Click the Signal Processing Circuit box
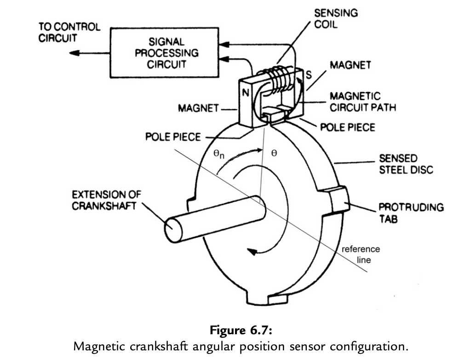pyautogui.click(x=167, y=53)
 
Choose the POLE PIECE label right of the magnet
pyautogui.click(x=348, y=127)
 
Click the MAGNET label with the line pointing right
pyautogui.click(x=198, y=109)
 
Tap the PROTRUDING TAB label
pyautogui.click(x=411, y=212)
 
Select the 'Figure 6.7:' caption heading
pyautogui.click(x=240, y=331)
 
